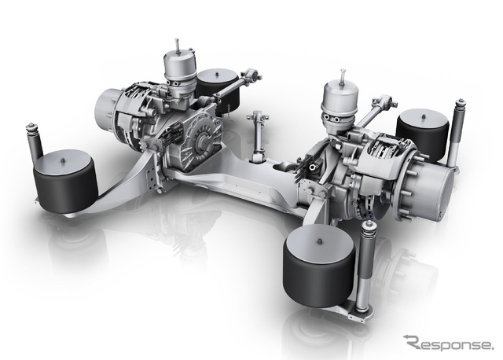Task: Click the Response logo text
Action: tap(447, 343)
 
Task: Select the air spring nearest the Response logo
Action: tap(318, 266)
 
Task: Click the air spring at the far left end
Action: tap(65, 182)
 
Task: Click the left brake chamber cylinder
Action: tap(178, 73)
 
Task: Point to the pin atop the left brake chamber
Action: tap(177, 46)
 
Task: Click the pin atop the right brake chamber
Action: tap(343, 75)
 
